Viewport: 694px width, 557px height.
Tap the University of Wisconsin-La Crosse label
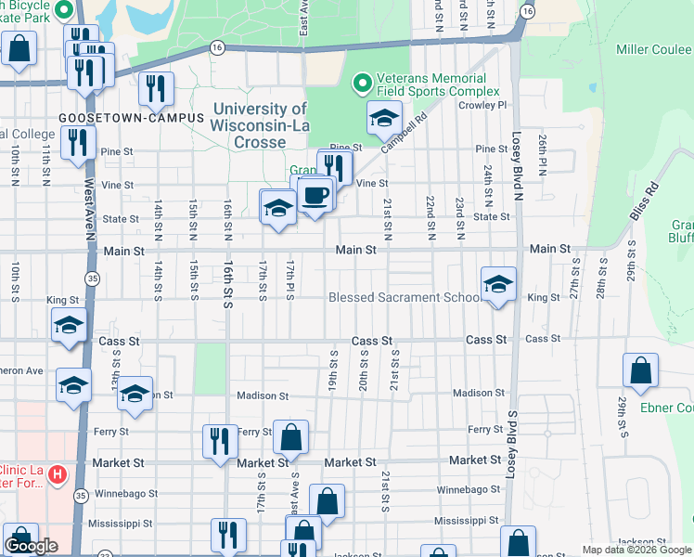[x=259, y=125]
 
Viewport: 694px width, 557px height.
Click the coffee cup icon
[x=315, y=194]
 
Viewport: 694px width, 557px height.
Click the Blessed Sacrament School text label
[x=405, y=298]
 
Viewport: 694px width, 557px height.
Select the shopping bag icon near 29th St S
[x=640, y=371]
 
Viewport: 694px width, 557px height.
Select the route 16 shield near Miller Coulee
[x=526, y=11]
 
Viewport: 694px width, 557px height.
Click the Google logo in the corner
[x=31, y=546]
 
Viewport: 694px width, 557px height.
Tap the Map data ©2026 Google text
[x=636, y=550]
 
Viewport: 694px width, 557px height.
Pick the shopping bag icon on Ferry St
[x=290, y=437]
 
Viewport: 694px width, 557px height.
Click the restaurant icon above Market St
[x=219, y=442]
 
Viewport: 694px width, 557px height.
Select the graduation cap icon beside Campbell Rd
[x=384, y=118]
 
